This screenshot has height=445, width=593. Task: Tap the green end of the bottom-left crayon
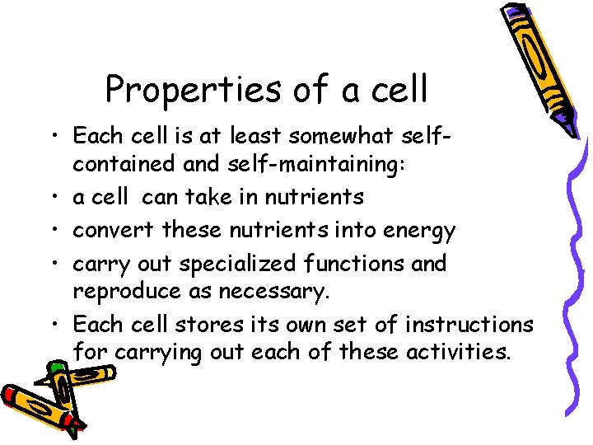[55, 367]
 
